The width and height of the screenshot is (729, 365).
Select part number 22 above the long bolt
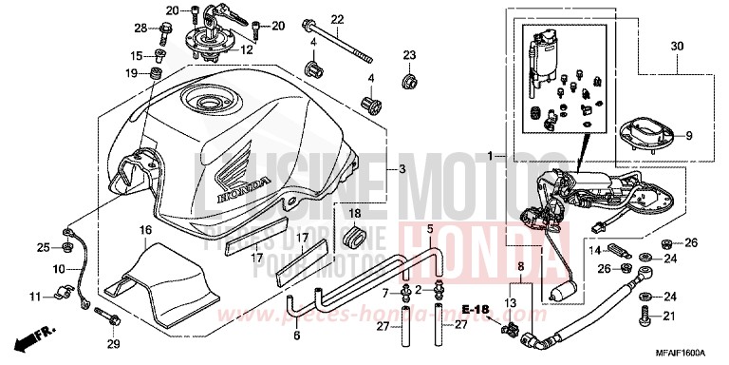(x=311, y=20)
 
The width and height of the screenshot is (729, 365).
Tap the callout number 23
(x=409, y=54)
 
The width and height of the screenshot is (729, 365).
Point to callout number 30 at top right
(x=676, y=47)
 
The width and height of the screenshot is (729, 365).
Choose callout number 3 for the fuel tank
(x=402, y=169)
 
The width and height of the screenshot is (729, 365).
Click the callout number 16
(x=145, y=230)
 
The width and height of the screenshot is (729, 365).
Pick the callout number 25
(x=43, y=248)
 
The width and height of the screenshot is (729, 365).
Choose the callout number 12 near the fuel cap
(x=247, y=49)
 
